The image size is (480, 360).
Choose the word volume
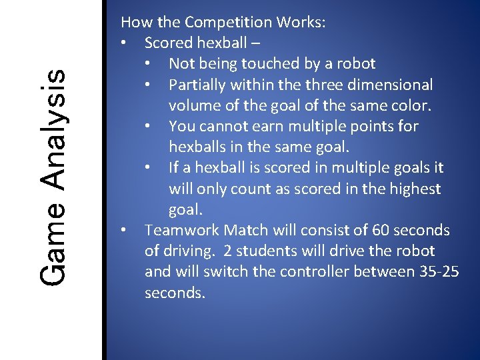click(x=194, y=105)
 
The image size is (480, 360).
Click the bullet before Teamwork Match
click(x=124, y=231)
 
